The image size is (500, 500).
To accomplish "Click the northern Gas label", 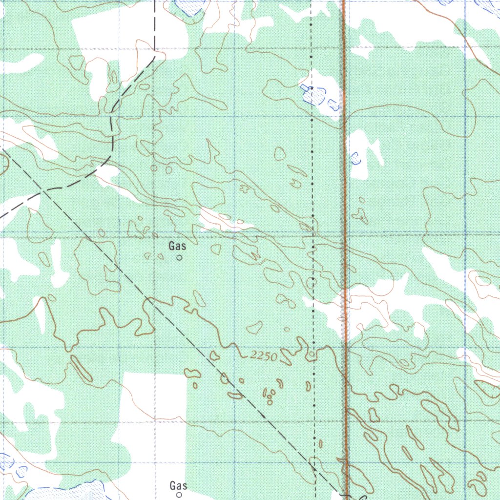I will pos(177,247).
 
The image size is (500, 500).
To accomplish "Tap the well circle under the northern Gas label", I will pos(179,257).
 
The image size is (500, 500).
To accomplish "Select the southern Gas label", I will pos(178,485).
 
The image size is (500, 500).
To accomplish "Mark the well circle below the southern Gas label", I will pos(179,495).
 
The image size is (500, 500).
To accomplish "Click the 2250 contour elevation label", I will pos(262,356).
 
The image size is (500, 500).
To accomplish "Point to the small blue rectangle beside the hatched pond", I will pos(305,88).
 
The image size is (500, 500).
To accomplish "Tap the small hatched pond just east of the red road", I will pos(356,158).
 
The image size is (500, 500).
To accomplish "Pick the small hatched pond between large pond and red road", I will pos(334,104).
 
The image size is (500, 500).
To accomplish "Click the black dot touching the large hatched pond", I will pos(311,88).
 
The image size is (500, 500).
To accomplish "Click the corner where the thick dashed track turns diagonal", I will pos(154,56).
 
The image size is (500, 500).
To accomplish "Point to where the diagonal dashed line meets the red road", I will pos(345,496).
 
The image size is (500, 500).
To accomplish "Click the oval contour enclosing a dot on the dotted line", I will pos(312,282).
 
